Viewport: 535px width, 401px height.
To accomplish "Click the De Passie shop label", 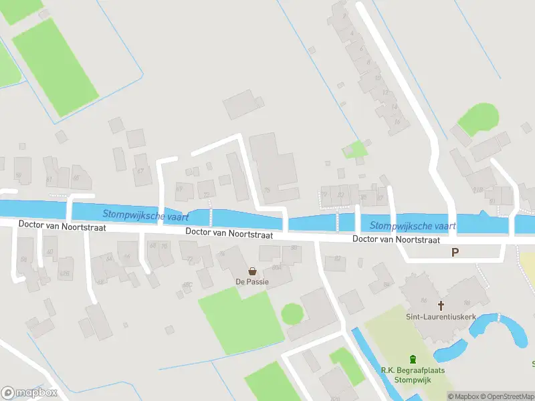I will [252, 282].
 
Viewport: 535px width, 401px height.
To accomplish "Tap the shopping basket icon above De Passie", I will [252, 271].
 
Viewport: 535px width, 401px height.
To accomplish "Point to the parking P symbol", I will [455, 253].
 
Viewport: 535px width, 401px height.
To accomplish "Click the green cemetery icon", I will [413, 358].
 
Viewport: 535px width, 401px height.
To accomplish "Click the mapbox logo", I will [28, 392].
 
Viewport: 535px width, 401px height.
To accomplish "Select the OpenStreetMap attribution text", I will [507, 396].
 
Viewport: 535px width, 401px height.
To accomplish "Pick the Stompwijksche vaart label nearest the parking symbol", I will [412, 226].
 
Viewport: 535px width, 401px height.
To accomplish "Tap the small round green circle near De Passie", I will [292, 313].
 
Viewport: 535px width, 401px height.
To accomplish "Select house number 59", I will [18, 175].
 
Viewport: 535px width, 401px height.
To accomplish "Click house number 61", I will [49, 179].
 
